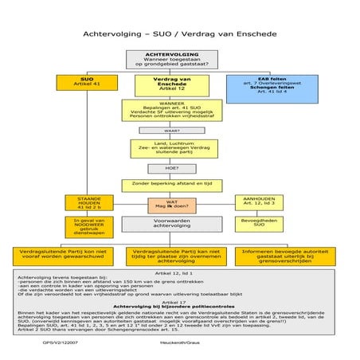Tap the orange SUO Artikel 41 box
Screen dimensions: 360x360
tap(88, 84)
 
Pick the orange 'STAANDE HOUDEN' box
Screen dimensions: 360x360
tap(88, 203)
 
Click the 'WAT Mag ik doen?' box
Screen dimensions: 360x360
tap(171, 205)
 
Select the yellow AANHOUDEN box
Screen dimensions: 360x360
tap(257, 203)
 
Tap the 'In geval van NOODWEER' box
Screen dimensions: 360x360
tap(88, 226)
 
